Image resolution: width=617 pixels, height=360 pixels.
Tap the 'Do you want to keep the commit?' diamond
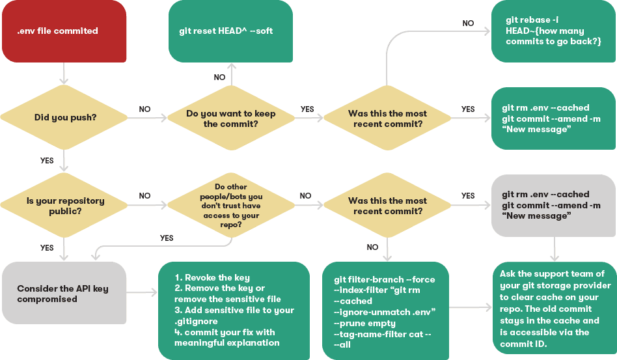click(230, 118)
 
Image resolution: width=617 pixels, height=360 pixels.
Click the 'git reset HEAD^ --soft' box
click(230, 31)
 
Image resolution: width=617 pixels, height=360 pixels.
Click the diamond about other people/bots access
click(230, 206)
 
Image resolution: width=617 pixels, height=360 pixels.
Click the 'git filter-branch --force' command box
click(385, 311)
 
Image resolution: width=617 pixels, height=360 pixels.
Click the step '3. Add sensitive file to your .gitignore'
click(234, 315)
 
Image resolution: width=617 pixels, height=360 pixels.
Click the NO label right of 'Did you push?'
click(144, 109)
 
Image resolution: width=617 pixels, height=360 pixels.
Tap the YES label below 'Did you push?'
click(47, 160)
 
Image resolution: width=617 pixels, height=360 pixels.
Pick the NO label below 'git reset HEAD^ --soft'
click(220, 77)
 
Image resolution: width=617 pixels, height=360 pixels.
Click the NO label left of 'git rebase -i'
click(468, 23)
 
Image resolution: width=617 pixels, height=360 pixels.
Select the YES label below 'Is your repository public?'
click(47, 248)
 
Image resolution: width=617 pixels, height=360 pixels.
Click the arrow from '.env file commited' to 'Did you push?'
click(63, 73)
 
